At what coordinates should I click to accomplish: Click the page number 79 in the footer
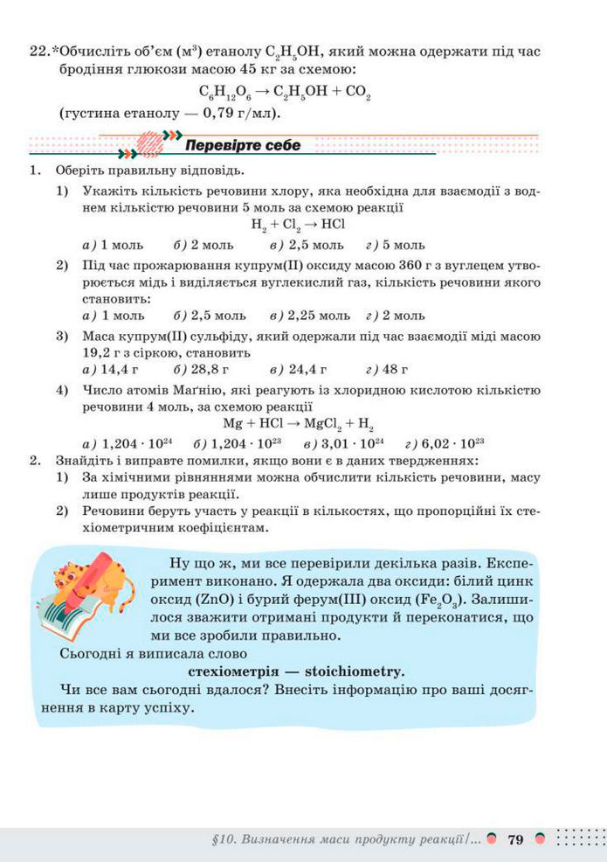click(514, 839)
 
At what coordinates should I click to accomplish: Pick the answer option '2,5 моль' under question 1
click(317, 245)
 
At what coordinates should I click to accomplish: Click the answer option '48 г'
click(397, 370)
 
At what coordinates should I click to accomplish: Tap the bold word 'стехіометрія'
click(237, 671)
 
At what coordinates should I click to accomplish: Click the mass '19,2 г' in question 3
click(105, 353)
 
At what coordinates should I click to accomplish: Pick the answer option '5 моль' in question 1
click(402, 245)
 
